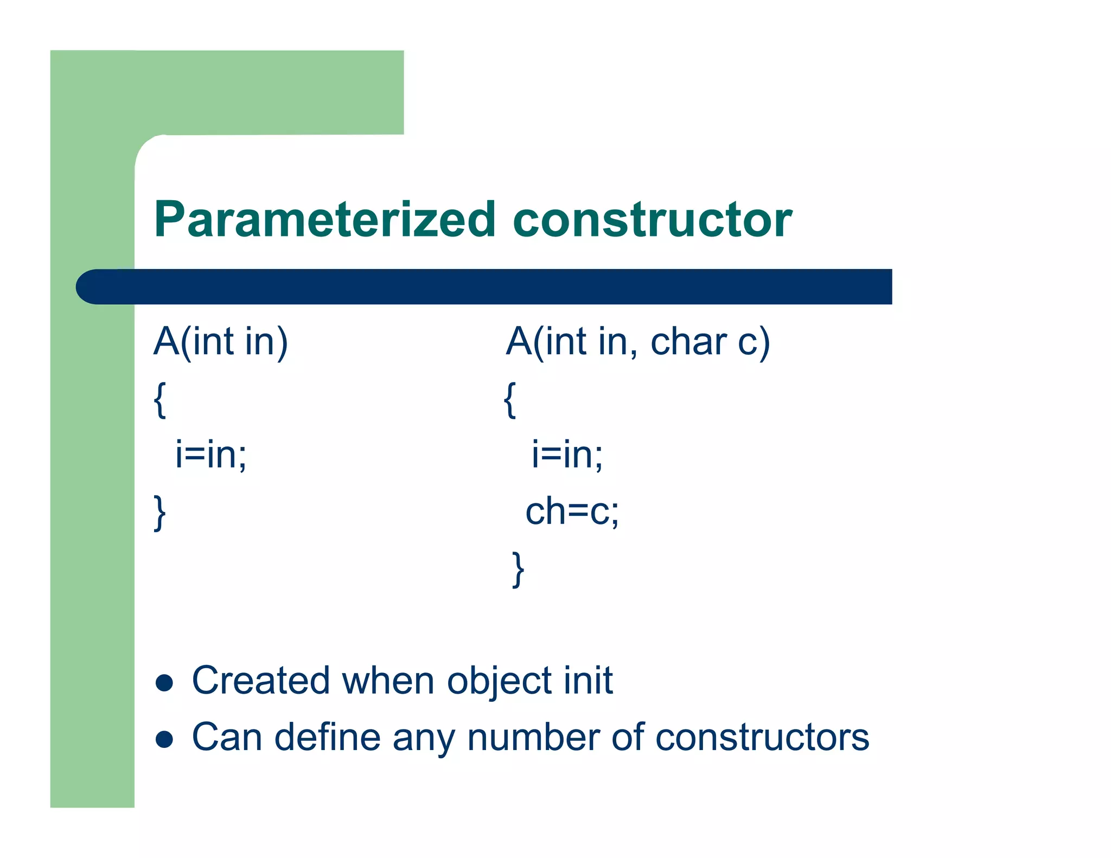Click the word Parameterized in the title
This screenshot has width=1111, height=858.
point(324,220)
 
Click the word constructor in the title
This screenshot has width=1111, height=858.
point(652,220)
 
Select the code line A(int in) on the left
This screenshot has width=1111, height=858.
point(220,342)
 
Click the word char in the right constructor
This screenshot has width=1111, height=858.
point(688,342)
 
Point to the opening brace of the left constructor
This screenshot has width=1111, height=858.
point(159,400)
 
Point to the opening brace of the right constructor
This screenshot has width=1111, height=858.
point(509,400)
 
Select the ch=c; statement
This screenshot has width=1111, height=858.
point(572,511)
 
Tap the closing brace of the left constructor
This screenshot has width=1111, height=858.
point(159,513)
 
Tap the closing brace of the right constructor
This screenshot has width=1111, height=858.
point(518,569)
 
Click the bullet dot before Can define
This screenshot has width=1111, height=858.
point(164,739)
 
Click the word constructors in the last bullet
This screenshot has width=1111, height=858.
point(762,737)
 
